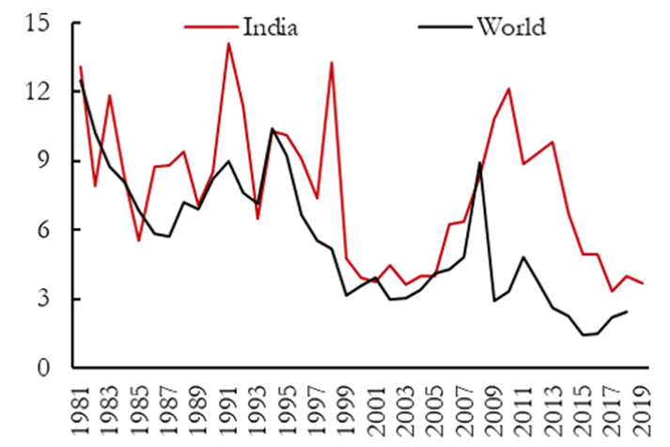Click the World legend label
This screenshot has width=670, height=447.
pos(510,25)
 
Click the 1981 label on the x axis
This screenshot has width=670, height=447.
pos(82,408)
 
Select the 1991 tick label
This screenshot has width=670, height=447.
pos(228,408)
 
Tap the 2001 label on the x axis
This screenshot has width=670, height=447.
pos(375,408)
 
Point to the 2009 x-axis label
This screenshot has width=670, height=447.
pos(492,408)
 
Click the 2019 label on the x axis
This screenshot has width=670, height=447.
pos(640,408)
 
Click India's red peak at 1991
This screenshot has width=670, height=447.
pos(227,43)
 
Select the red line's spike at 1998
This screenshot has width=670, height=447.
pos(332,62)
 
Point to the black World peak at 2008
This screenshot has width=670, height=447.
pos(479,162)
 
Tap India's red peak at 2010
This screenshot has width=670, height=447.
pos(508,89)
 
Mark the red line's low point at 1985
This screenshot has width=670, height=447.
pos(139,241)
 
